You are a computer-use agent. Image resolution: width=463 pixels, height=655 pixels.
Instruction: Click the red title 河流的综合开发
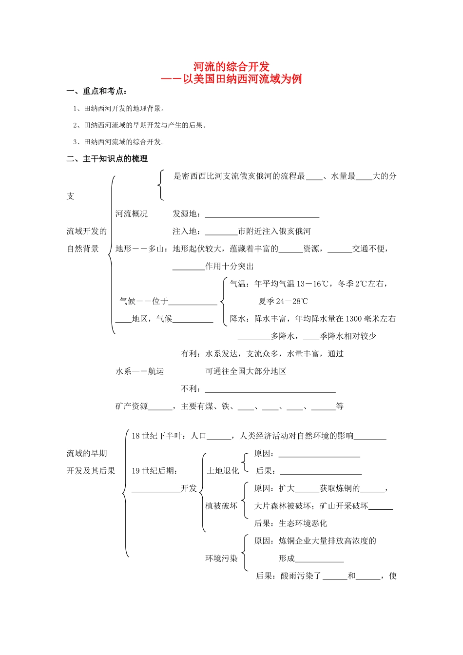pos(231,67)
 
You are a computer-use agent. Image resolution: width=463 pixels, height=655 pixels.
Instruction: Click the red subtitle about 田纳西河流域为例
pos(231,79)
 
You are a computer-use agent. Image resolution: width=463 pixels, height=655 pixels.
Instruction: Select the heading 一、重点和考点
pos(97,91)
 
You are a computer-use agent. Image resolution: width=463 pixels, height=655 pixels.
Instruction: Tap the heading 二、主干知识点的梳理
pos(107,159)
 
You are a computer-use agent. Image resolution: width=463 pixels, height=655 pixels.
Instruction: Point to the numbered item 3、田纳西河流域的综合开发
pos(119,142)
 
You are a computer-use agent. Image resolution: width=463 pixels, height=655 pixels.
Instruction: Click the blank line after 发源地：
pos(262,215)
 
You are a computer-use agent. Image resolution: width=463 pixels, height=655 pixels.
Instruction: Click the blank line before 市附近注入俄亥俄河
pos(221,232)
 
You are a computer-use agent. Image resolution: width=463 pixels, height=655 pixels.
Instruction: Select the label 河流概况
pos(131,214)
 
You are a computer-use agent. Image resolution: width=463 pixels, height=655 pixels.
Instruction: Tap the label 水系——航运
pos(139,371)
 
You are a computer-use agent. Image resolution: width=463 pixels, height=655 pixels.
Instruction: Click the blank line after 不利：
pos(270,390)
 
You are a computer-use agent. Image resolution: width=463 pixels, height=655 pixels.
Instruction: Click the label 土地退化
pos(223,471)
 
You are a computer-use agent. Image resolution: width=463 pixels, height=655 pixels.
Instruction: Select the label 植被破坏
pos(221,506)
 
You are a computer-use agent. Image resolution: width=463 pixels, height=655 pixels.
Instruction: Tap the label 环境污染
pos(221,559)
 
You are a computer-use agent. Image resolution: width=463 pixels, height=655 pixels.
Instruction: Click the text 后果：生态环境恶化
pos(290,523)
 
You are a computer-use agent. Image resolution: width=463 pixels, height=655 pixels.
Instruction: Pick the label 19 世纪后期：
pos(154,471)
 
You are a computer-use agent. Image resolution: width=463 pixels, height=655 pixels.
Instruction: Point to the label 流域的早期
pos(87,453)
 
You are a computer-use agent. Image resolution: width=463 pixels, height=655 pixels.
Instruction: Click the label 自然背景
pos(83,249)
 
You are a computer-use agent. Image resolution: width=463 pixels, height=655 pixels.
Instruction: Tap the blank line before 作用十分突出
pos(189,268)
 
